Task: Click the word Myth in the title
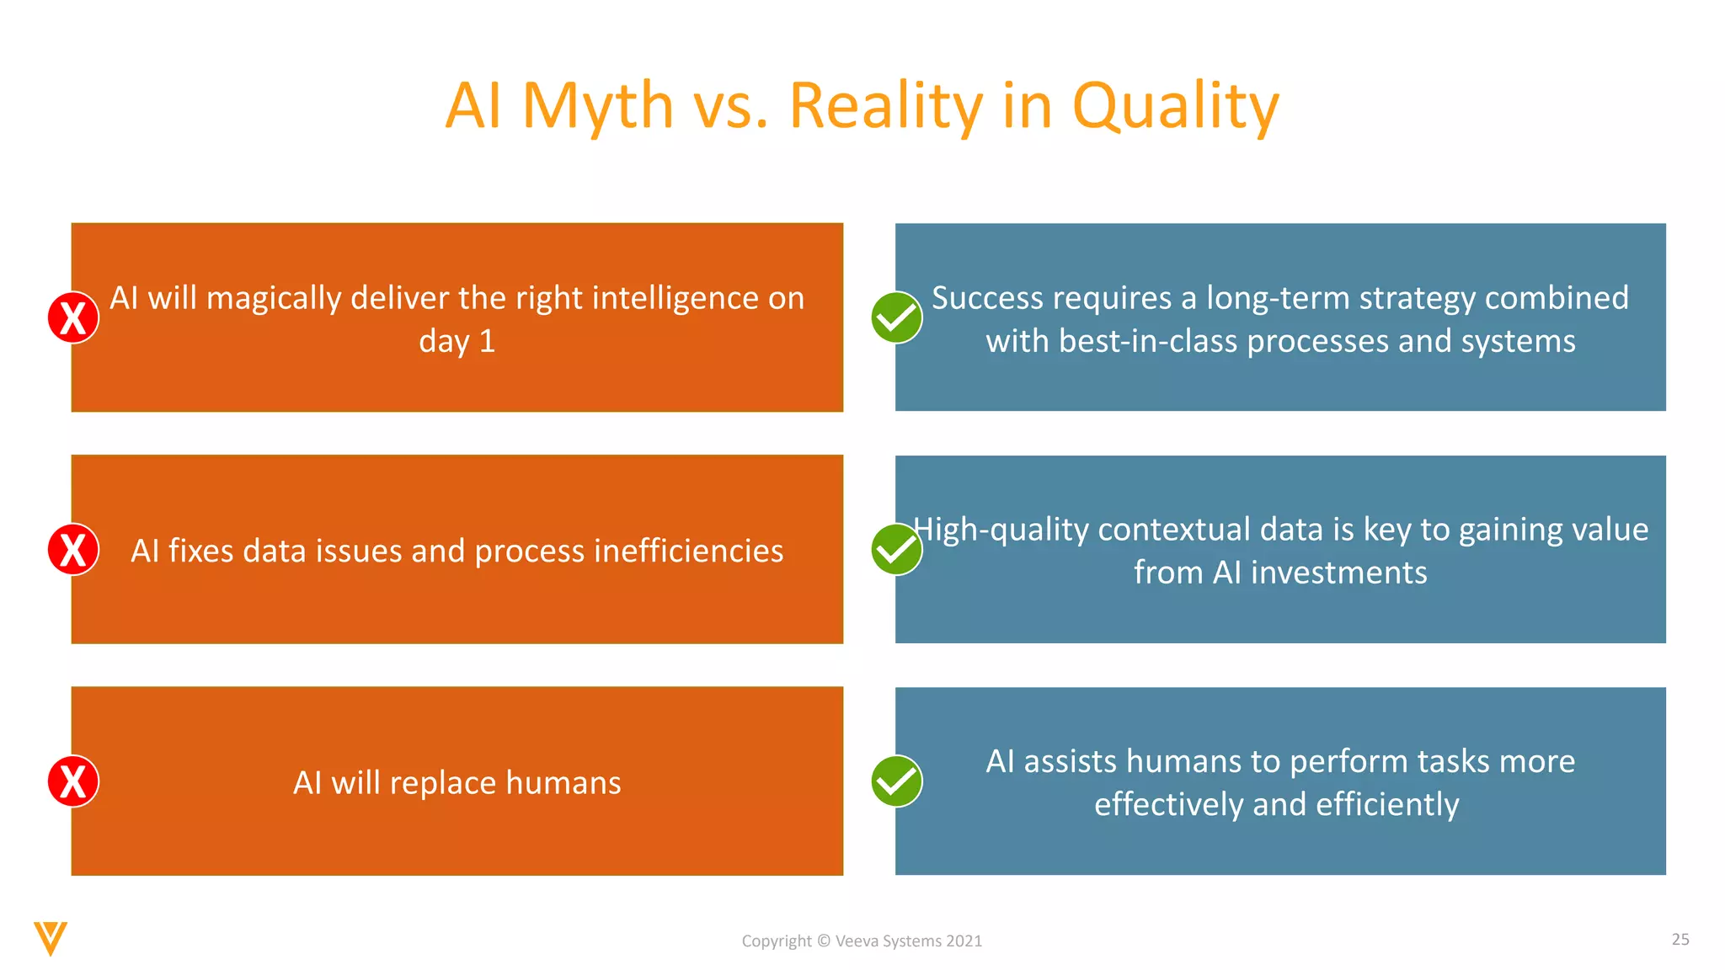pyautogui.click(x=598, y=106)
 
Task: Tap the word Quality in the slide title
pyautogui.click(x=1175, y=108)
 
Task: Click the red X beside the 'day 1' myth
pyautogui.click(x=73, y=317)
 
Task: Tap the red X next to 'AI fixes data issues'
pyautogui.click(x=73, y=549)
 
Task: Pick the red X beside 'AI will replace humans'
pyautogui.click(x=73, y=781)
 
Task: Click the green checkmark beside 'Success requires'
pyautogui.click(x=896, y=317)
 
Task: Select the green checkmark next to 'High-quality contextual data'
pyautogui.click(x=896, y=549)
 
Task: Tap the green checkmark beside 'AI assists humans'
pyautogui.click(x=896, y=781)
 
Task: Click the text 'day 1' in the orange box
pyautogui.click(x=457, y=342)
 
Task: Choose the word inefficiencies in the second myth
pyautogui.click(x=688, y=551)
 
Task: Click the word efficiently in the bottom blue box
pyautogui.click(x=1387, y=805)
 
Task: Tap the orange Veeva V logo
pyautogui.click(x=50, y=938)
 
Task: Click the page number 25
pyautogui.click(x=1680, y=939)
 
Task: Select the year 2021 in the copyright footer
pyautogui.click(x=964, y=941)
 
